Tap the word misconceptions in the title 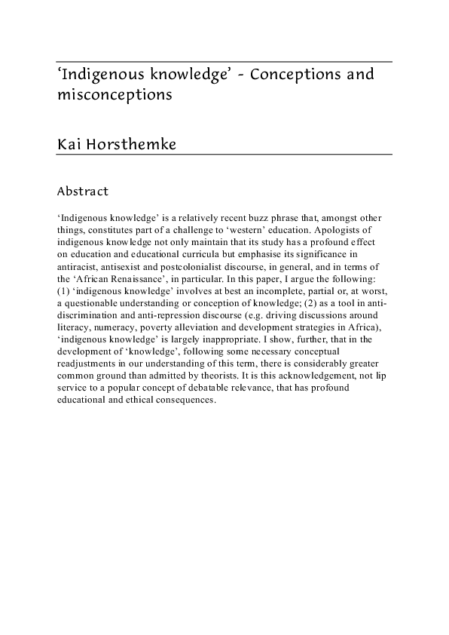[115, 96]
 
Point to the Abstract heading [83, 192]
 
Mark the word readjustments [87, 362]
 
